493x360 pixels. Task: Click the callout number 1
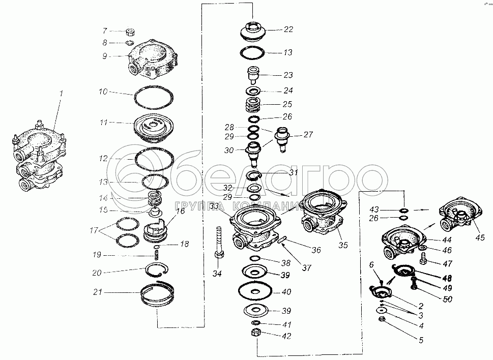pos(62,93)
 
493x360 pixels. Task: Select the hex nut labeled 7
pos(130,32)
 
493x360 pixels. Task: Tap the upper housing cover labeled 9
pos(152,59)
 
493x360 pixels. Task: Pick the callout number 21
pos(98,292)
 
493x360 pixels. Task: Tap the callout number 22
pos(288,29)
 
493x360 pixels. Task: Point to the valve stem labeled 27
pos(282,139)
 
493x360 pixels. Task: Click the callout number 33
pos(214,206)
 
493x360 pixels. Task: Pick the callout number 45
pos(480,237)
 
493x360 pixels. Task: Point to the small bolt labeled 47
pos(423,259)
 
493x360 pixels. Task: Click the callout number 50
pos(447,299)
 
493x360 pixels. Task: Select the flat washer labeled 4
pos(382,311)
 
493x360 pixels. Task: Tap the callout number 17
pos(94,230)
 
